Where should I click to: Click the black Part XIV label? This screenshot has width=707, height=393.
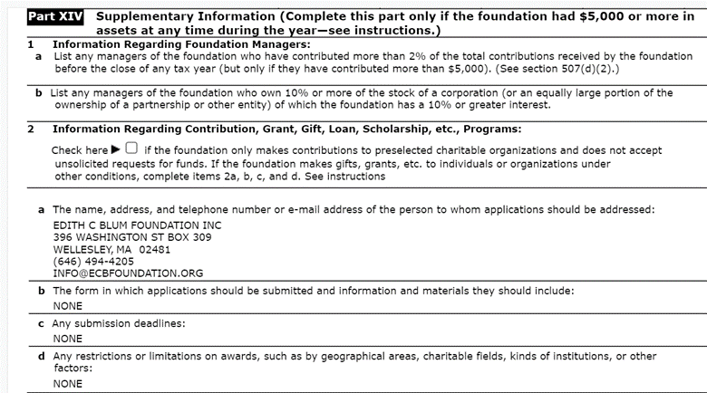(57, 16)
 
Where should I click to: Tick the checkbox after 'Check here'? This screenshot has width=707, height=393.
(132, 149)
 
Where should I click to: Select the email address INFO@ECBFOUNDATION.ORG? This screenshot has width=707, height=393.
(128, 273)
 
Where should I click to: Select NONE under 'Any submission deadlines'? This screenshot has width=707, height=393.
(67, 339)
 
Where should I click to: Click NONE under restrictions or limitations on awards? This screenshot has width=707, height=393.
(67, 383)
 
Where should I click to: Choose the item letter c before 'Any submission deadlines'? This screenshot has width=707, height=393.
(41, 323)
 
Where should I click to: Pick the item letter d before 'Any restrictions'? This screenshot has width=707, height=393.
(41, 356)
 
